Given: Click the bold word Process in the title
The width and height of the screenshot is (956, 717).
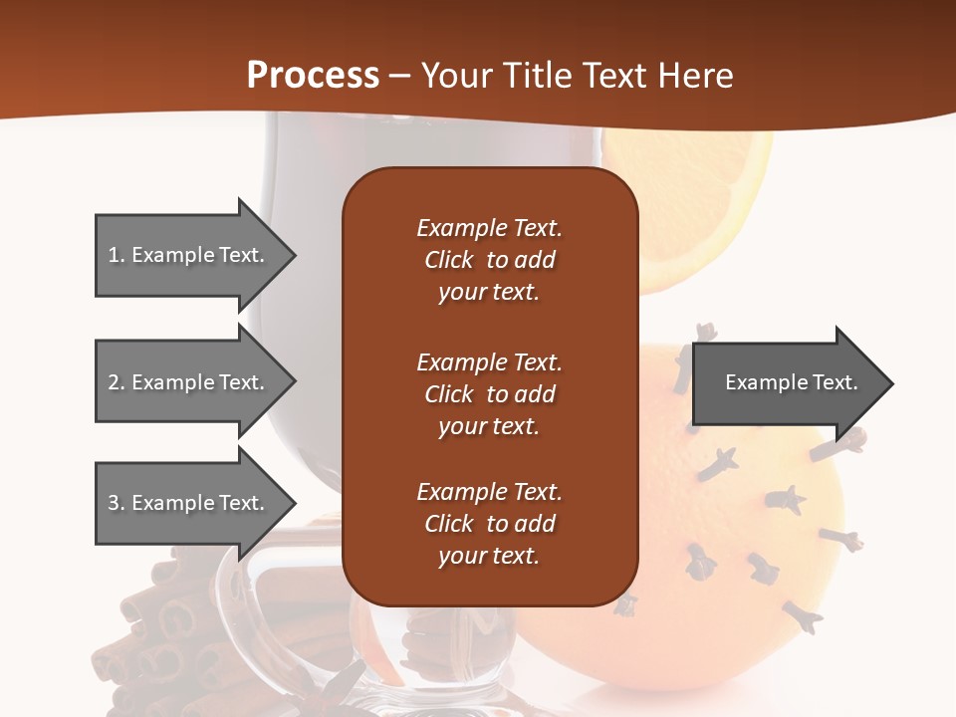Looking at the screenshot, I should (313, 76).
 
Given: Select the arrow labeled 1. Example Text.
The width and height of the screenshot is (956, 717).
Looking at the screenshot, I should (189, 255).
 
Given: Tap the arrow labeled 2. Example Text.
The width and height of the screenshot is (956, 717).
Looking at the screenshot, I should (189, 382).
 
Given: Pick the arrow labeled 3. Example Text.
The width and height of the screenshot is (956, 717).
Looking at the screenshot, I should (189, 503).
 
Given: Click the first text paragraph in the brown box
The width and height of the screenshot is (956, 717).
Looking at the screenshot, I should (489, 260).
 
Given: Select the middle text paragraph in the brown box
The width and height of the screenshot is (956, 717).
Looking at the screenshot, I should (489, 394).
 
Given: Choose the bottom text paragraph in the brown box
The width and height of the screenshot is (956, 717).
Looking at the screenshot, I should (489, 524).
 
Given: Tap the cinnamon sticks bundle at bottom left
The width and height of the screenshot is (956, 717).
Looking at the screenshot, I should (159, 637).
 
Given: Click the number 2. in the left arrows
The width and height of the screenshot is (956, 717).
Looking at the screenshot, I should (117, 382).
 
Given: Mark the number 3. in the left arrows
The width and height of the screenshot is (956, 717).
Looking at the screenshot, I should (117, 503).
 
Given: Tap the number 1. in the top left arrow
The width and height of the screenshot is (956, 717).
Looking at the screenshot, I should (117, 255).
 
